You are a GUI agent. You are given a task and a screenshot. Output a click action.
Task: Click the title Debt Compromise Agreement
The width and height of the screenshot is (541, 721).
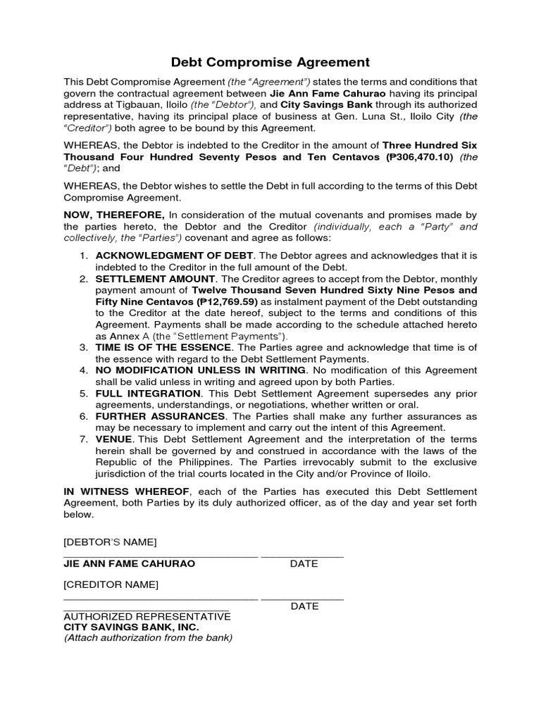270,62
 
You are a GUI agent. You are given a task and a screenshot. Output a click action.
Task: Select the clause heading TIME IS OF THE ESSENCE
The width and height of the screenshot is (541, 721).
163,347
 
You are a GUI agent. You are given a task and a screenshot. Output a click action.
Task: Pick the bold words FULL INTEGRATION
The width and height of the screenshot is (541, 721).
148,393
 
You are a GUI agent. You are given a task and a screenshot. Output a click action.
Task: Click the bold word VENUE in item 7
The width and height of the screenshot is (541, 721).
113,439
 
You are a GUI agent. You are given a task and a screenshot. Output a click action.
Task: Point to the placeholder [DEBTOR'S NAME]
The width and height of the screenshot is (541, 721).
110,541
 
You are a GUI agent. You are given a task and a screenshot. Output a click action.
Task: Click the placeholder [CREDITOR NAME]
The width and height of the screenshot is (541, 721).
111,584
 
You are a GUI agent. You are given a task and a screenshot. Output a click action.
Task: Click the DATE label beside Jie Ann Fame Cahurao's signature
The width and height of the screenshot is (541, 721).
304,564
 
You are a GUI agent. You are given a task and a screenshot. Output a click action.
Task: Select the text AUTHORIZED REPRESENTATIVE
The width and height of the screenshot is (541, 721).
147,616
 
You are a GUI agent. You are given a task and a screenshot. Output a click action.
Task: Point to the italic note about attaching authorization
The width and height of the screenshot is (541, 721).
148,638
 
